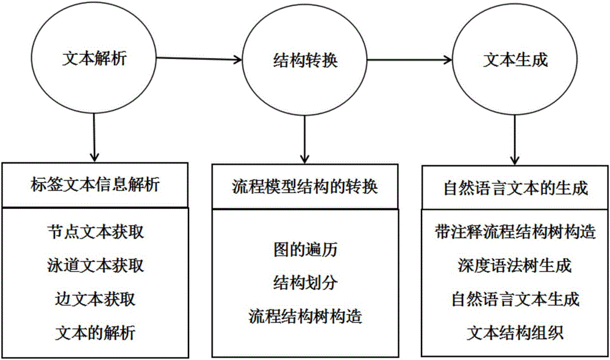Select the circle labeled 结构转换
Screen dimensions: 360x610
point(303,62)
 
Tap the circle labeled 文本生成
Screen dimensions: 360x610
point(514,60)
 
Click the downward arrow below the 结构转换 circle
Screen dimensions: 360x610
point(304,139)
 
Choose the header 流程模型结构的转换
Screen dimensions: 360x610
point(304,187)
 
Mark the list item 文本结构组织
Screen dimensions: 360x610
point(515,333)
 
